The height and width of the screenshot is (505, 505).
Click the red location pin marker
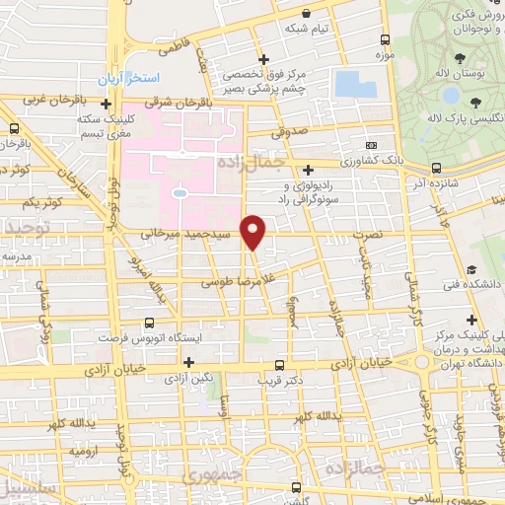(x=253, y=231)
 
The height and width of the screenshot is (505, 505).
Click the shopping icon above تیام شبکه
(x=308, y=14)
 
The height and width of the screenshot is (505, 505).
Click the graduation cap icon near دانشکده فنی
(x=471, y=269)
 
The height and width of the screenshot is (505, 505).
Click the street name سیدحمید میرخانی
(x=187, y=235)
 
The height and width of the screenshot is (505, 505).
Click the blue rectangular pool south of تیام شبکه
(x=351, y=84)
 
